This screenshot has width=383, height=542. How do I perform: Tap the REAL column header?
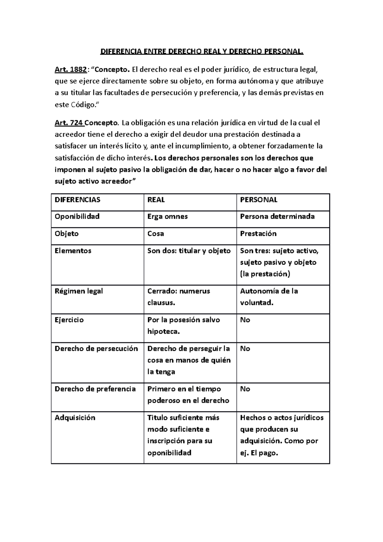pos(156,200)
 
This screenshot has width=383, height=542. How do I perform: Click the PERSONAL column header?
pos(259,200)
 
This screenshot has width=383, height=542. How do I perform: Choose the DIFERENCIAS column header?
pos(78,200)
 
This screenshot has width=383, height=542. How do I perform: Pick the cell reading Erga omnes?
pos(167,216)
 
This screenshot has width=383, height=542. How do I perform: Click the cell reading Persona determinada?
pos(277,216)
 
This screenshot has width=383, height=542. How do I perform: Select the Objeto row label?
pos(67,234)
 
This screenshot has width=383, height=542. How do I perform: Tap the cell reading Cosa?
pos(156,234)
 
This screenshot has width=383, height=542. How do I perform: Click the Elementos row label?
pos(73,251)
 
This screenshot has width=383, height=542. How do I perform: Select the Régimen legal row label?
pos(79,291)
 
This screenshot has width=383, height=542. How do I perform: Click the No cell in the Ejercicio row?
pos(245,320)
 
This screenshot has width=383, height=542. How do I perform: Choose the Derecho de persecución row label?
pos(96,349)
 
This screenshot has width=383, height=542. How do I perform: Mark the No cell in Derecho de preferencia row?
pos(245,389)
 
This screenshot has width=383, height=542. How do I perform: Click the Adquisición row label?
pos(75,418)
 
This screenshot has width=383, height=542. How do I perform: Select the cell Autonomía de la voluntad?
pos(269,297)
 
